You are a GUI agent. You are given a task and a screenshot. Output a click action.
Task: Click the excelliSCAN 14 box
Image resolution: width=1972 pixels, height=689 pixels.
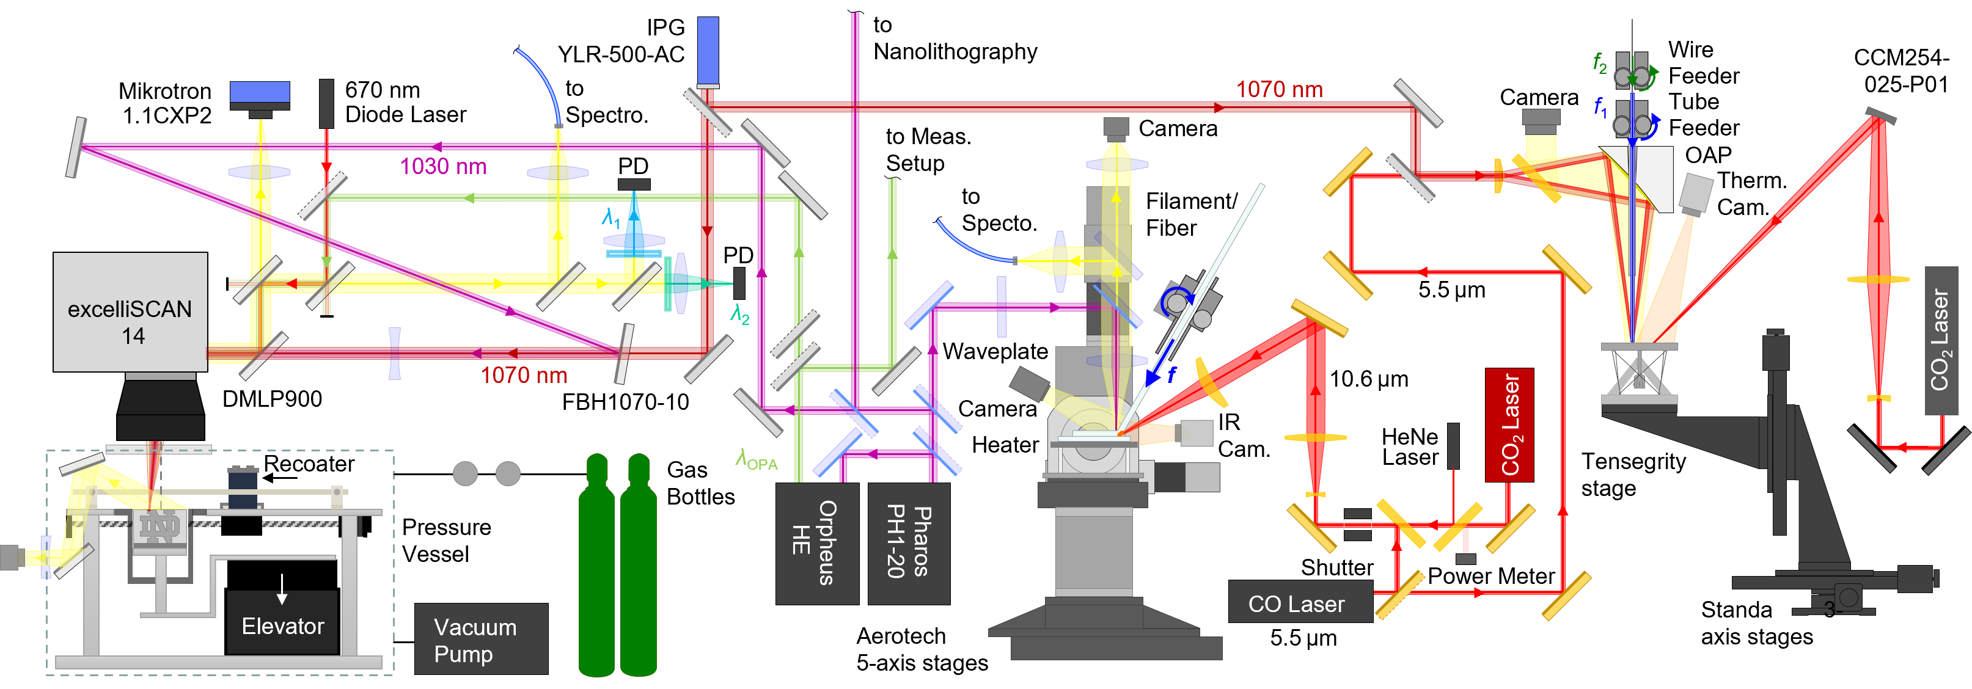[x=130, y=312]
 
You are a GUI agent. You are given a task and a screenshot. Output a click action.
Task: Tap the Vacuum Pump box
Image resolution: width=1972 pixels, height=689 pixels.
[x=481, y=640]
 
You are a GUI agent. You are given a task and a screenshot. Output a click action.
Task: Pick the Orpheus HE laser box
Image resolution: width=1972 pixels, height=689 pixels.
[x=817, y=544]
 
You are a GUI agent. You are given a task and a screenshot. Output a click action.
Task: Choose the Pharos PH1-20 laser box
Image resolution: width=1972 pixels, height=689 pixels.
[x=909, y=544]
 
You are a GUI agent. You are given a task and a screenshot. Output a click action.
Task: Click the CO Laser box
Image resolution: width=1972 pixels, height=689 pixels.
[x=1300, y=602]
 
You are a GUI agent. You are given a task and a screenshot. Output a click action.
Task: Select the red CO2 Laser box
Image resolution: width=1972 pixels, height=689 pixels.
[x=1509, y=425]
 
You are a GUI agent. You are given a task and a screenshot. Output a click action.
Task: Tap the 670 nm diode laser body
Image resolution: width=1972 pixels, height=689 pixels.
[x=327, y=103]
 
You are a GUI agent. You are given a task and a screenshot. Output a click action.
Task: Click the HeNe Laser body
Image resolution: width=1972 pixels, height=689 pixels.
[x=1453, y=445]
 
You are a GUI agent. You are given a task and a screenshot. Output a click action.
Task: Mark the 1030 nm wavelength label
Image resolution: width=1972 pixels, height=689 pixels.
[x=443, y=167]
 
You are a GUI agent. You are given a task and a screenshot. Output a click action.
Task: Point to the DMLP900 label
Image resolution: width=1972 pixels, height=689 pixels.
[x=272, y=399]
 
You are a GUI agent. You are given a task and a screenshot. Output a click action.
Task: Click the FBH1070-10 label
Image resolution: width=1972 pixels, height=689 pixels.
[x=625, y=402]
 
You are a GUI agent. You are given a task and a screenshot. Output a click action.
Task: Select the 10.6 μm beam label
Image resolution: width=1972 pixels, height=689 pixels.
[x=1369, y=379]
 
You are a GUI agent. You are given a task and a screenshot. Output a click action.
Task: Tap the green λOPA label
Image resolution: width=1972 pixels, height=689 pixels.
[x=757, y=459]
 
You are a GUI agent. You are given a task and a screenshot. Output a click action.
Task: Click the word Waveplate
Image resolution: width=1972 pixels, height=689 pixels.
[x=995, y=351]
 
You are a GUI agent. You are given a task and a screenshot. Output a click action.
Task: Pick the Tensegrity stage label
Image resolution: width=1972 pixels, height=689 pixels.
[x=1633, y=475]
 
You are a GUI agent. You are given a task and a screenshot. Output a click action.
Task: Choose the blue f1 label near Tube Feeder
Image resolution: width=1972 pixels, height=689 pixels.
[x=1600, y=106]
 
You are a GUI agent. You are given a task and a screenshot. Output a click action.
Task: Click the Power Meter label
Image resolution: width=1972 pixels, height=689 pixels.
[x=1490, y=577]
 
